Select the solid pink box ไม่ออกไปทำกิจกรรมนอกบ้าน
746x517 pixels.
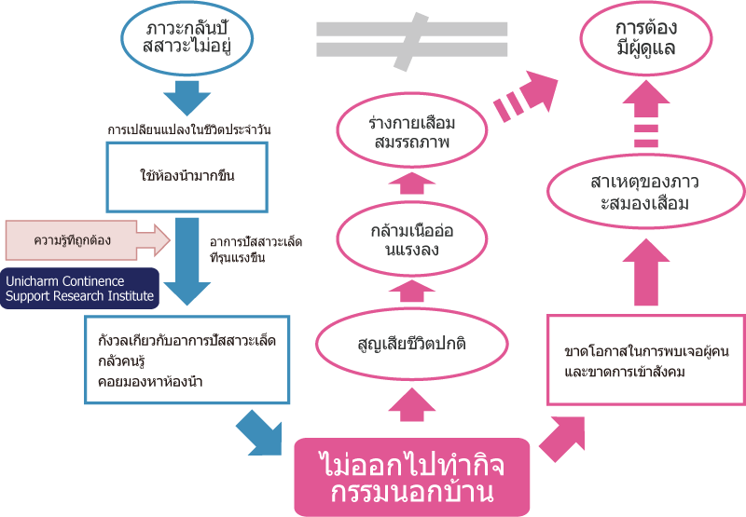tap(412, 477)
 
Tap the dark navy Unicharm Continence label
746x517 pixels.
tap(79, 289)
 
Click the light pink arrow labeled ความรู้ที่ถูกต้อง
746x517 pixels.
tap(88, 240)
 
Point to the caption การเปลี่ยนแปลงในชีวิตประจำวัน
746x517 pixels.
tap(189, 129)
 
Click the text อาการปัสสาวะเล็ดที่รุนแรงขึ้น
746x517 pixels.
tap(256, 250)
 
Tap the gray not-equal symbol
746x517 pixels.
tap(412, 40)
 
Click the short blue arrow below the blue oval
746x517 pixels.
tap(187, 98)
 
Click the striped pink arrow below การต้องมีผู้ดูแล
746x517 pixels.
tap(646, 114)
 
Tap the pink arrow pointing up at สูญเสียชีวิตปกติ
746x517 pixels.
tap(412, 404)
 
